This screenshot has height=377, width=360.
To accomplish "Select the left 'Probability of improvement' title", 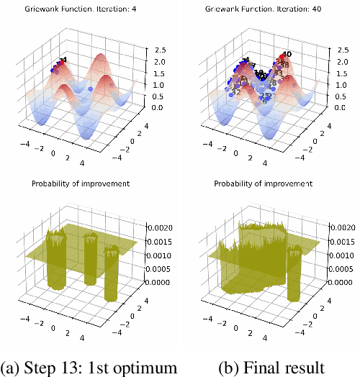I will click(x=81, y=184).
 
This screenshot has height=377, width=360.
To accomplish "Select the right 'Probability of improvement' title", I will click(x=264, y=184).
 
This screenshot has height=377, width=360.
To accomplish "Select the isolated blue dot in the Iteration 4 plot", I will click(x=90, y=88).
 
